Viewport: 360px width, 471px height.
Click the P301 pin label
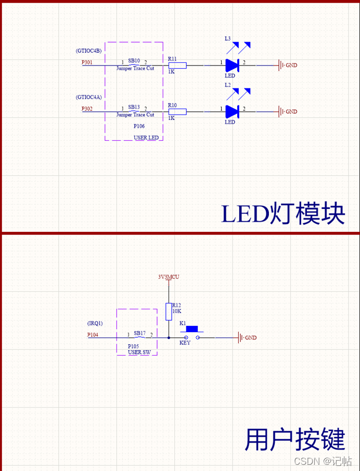click(x=87, y=62)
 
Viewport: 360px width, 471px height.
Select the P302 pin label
click(x=87, y=109)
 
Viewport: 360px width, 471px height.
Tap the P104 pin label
click(x=93, y=335)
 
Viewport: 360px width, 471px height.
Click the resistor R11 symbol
click(x=177, y=65)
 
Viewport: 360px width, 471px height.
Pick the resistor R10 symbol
click(x=177, y=111)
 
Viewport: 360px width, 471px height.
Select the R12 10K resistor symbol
click(x=168, y=312)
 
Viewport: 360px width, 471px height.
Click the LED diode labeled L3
click(x=232, y=65)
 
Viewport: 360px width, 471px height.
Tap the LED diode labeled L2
click(x=232, y=111)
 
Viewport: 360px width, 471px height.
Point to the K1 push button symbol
click(x=192, y=333)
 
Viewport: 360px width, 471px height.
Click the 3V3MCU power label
click(x=169, y=277)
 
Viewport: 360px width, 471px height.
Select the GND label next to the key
click(x=250, y=338)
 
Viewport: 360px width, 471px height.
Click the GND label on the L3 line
click(x=291, y=66)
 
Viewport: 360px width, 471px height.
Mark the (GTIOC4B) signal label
click(x=88, y=50)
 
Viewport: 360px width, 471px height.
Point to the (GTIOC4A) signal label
click(x=88, y=97)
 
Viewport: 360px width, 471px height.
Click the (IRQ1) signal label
click(x=95, y=323)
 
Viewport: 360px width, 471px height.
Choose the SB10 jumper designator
click(x=134, y=60)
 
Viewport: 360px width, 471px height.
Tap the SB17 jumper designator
click(x=139, y=333)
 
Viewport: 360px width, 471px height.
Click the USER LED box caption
click(x=146, y=138)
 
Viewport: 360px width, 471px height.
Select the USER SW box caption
click(x=138, y=352)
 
